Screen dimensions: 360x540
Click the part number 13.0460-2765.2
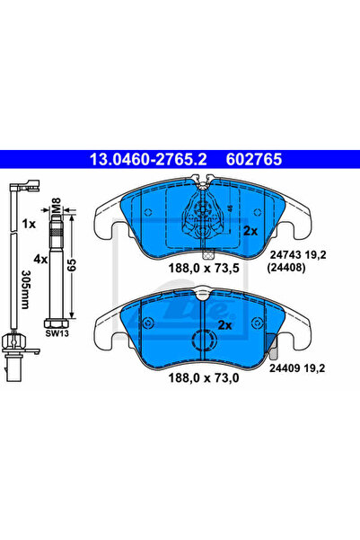(x=148, y=159)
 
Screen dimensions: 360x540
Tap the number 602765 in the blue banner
(x=254, y=159)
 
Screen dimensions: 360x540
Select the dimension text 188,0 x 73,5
(x=204, y=268)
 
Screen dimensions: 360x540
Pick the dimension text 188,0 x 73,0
(x=204, y=377)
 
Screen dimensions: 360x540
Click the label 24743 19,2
(x=298, y=255)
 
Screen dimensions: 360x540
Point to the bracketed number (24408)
(x=286, y=268)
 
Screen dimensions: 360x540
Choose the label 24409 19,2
(x=297, y=368)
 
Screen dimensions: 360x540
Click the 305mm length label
(x=26, y=289)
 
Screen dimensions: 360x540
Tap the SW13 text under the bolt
(x=57, y=333)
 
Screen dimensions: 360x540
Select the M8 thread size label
(x=56, y=205)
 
